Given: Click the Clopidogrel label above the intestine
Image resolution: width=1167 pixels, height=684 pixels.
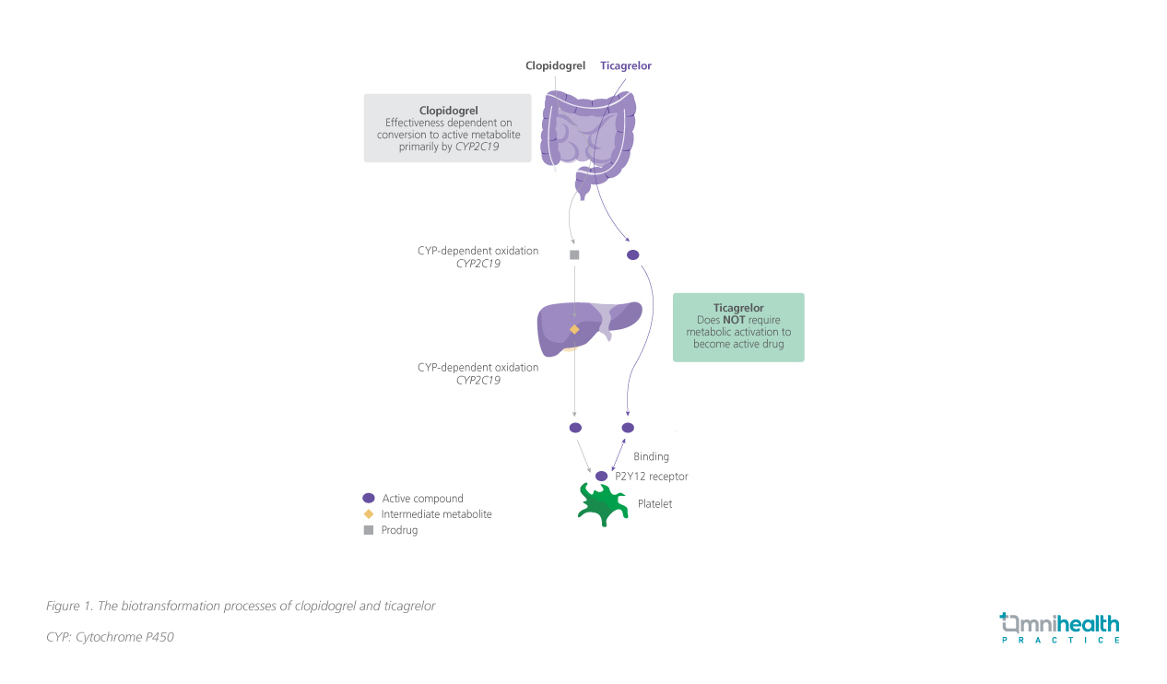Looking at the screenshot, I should [555, 65].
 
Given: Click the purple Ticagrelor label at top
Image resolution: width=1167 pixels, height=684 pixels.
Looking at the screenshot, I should [626, 65].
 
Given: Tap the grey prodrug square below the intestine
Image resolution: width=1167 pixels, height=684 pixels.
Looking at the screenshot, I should [574, 254].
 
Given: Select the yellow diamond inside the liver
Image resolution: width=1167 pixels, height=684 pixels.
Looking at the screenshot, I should [574, 329].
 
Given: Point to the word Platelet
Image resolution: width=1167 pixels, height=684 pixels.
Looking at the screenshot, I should [654, 504].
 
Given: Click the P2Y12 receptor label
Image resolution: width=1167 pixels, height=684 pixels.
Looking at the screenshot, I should [652, 477].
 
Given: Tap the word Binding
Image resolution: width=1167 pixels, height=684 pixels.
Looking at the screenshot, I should [651, 456].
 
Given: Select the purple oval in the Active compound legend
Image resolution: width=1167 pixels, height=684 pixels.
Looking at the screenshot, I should [369, 498].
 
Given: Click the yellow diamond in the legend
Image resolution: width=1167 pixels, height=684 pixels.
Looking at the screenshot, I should [369, 514].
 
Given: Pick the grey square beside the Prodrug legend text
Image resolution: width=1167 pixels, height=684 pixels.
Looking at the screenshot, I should [369, 530].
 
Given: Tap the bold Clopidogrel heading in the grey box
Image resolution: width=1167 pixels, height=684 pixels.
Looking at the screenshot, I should [448, 111].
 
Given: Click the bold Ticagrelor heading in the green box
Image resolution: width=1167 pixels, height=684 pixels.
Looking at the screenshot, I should [738, 308].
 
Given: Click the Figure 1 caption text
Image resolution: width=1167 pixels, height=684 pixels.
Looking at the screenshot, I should [241, 606].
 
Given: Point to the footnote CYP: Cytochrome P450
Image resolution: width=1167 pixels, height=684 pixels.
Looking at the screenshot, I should [110, 637].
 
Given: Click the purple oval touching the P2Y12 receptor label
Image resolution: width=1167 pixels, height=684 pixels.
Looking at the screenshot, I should [602, 476].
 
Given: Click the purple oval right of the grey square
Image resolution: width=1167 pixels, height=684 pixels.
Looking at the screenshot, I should [632, 254].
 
